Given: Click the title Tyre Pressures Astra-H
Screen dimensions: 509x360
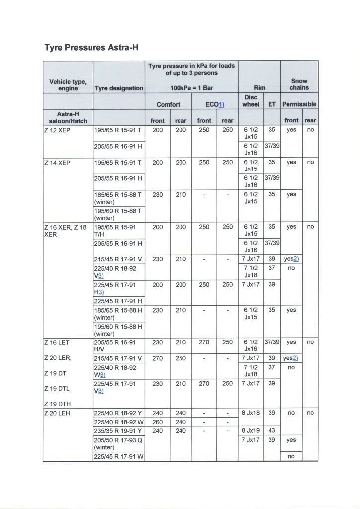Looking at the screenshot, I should click(91, 48).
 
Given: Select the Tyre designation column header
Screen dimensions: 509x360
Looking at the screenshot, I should click(119, 88).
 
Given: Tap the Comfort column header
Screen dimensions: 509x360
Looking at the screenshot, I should click(168, 105).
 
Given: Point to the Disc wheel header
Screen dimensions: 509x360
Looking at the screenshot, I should click(251, 101).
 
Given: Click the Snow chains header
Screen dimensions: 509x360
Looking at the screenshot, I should click(299, 84).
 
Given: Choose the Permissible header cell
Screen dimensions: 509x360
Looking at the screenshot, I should click(299, 105).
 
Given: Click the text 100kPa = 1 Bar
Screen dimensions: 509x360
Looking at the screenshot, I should click(191, 88).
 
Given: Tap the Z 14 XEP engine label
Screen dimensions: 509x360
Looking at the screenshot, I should click(58, 163).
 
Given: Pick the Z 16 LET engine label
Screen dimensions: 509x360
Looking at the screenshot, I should click(58, 342).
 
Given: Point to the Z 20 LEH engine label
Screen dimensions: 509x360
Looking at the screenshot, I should click(58, 413).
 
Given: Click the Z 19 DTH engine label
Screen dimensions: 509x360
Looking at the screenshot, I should click(58, 403).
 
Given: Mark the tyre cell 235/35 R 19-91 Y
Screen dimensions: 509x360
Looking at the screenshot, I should click(118, 431).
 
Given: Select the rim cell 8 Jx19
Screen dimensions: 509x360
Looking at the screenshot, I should click(251, 431).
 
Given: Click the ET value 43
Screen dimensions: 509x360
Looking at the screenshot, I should click(271, 431).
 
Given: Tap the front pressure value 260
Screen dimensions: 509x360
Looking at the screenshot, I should click(157, 422).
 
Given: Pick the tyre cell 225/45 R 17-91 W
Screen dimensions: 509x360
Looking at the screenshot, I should click(118, 457).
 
